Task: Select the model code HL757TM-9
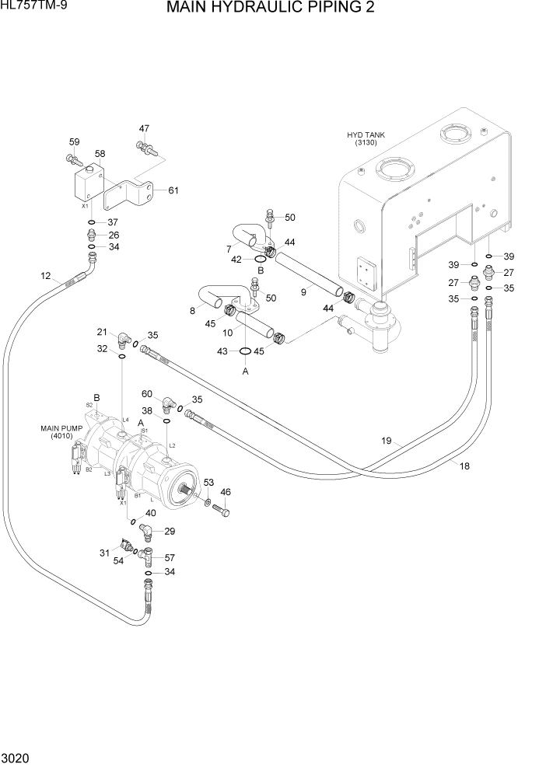[33, 8]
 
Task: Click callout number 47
[145, 128]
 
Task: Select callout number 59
[75, 141]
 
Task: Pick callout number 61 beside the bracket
[173, 190]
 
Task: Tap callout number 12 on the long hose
[45, 276]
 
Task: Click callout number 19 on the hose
[386, 441]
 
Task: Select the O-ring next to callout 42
[260, 260]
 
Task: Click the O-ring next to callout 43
[246, 351]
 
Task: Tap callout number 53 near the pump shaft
[208, 483]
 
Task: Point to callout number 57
[170, 558]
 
